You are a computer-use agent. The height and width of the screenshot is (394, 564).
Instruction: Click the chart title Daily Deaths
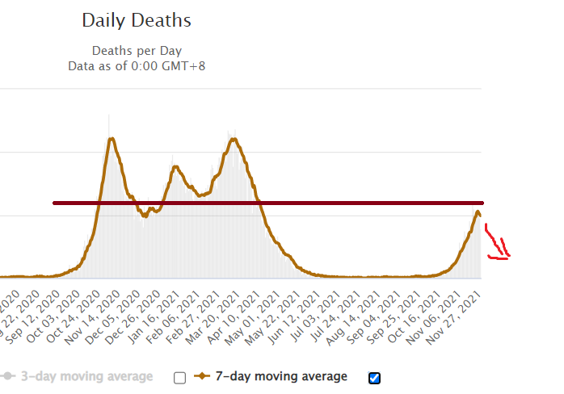pyautogui.click(x=137, y=19)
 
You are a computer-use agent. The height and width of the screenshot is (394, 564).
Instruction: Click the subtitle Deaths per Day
pyautogui.click(x=137, y=51)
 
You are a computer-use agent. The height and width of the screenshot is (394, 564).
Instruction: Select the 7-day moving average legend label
pyautogui.click(x=281, y=376)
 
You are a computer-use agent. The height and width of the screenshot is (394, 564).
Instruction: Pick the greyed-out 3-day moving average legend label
pyautogui.click(x=86, y=376)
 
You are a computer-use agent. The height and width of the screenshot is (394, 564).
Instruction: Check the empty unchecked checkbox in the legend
pyautogui.click(x=179, y=377)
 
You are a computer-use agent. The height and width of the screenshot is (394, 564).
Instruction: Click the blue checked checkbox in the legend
pyautogui.click(x=374, y=377)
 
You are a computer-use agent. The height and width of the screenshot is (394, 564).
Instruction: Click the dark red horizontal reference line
pyautogui.click(x=267, y=203)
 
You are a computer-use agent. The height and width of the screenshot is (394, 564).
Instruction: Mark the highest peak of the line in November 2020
pyautogui.click(x=112, y=139)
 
